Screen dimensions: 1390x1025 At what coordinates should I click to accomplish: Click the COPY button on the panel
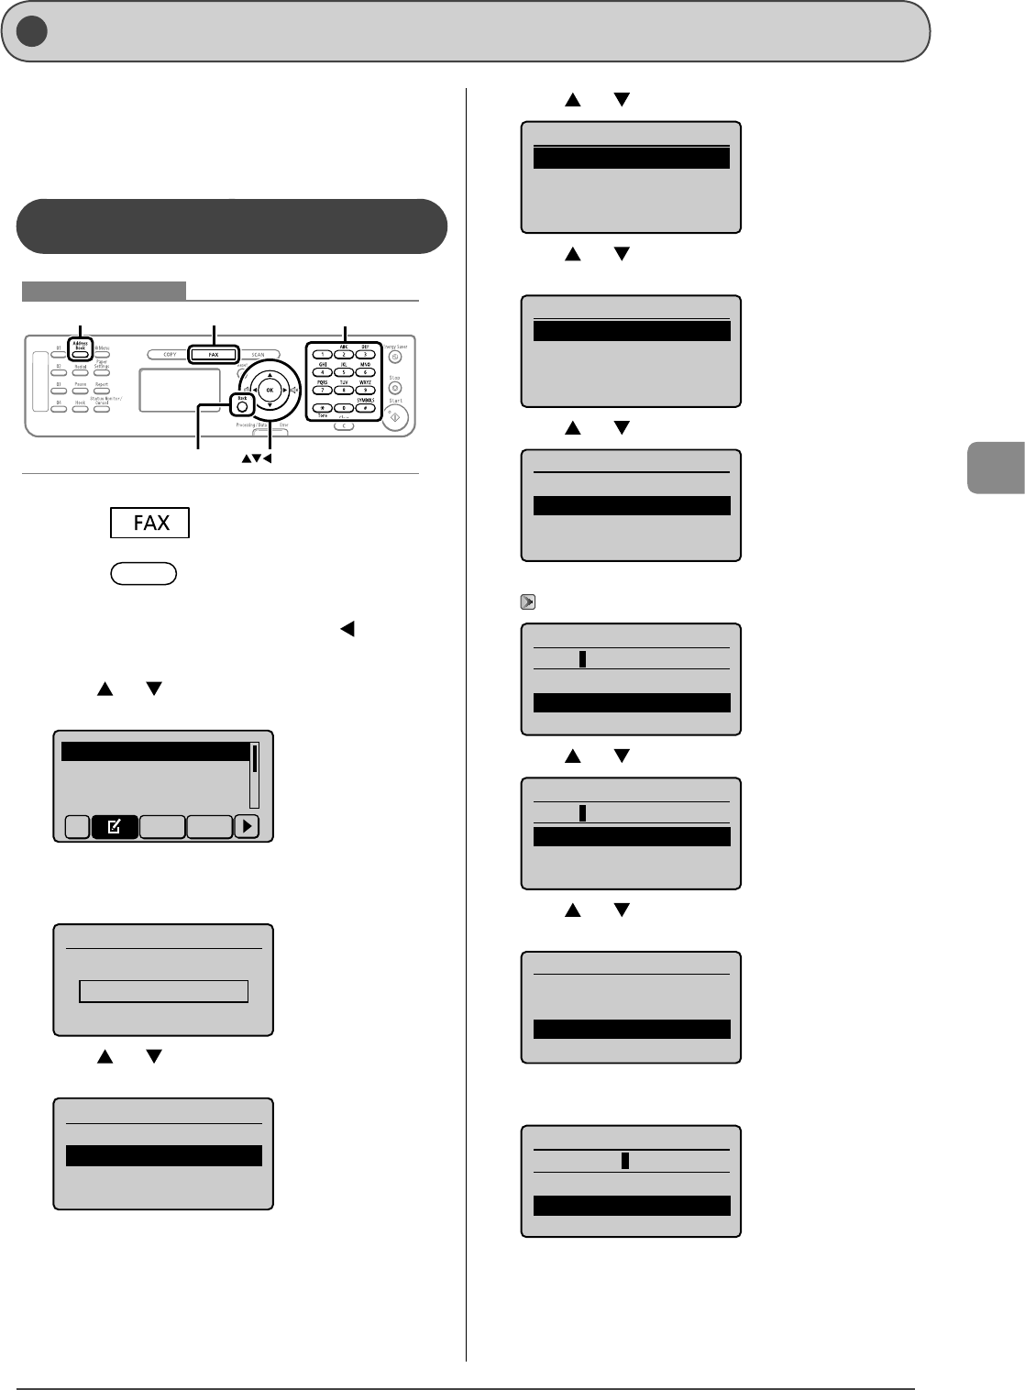click(x=170, y=354)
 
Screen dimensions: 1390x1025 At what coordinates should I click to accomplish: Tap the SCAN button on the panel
click(x=258, y=354)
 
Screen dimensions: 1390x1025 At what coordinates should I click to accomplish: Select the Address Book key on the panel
click(x=81, y=353)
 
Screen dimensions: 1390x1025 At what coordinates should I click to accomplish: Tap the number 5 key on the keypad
click(x=344, y=372)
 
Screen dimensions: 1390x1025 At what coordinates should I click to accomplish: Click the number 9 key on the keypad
click(x=365, y=390)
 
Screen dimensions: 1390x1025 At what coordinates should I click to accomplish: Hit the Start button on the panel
click(x=395, y=417)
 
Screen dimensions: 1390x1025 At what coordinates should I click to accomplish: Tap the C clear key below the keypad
click(x=344, y=426)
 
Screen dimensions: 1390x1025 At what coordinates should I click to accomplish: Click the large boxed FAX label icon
click(x=149, y=522)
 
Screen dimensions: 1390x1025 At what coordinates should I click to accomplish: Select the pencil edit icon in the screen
click(x=115, y=826)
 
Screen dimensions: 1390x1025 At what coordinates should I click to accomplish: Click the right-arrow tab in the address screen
click(x=247, y=826)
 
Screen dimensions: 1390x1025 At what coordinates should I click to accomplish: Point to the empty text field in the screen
click(x=163, y=990)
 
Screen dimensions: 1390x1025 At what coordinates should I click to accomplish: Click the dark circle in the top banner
click(x=33, y=32)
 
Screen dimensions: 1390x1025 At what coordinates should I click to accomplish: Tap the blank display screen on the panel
click(x=180, y=391)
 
